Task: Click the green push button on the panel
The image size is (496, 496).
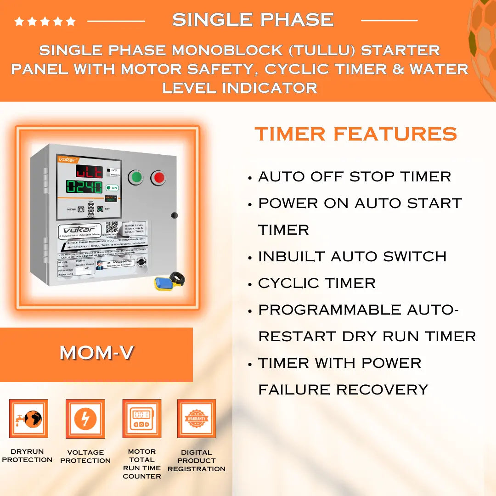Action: tap(135, 177)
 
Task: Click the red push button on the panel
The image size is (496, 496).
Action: tap(158, 178)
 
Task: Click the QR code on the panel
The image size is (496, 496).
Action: tap(112, 227)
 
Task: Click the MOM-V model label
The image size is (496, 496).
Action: tap(96, 353)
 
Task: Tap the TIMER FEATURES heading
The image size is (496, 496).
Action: tap(356, 134)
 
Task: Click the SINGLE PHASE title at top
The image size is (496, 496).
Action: tap(253, 20)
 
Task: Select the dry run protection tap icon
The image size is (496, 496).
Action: tap(28, 419)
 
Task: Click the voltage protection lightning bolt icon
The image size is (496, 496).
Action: tap(85, 419)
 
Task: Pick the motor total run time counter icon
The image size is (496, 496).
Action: tap(141, 419)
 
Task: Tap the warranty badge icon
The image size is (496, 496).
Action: tap(197, 419)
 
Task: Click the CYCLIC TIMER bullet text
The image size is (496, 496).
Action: tap(316, 283)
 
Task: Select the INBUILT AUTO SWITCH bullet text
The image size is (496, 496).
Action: tap(352, 256)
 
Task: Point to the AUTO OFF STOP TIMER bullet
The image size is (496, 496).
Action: tap(354, 176)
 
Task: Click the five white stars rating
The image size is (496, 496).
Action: tap(45, 21)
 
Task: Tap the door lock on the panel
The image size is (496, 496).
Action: tap(174, 215)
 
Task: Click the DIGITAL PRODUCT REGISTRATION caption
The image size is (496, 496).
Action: tap(197, 461)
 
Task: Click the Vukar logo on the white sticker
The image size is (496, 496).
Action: tap(79, 230)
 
